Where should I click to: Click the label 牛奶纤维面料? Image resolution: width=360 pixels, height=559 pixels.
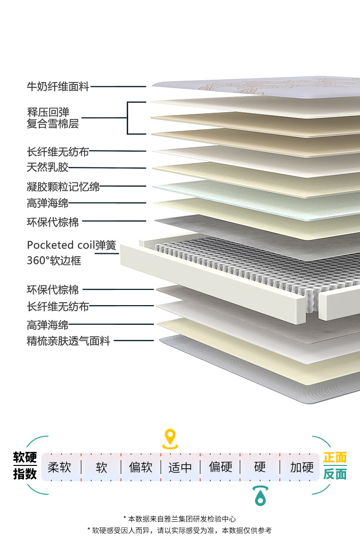[58, 87]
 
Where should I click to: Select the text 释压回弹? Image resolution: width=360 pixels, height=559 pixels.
[48, 113]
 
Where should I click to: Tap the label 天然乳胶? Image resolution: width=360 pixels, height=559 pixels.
[48, 167]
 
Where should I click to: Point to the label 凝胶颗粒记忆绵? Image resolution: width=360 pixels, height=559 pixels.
[63, 186]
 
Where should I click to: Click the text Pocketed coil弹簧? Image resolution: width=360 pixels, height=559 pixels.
[72, 245]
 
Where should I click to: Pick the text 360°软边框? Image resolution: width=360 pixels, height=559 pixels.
[54, 261]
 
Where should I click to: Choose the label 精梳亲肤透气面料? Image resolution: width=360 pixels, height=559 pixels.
[69, 341]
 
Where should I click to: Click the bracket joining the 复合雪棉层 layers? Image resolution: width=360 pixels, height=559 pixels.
[128, 118]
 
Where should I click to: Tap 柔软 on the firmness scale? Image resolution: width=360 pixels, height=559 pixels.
[60, 467]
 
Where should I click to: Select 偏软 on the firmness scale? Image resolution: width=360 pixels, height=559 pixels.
[141, 467]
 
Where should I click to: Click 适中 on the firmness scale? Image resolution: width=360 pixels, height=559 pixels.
[180, 467]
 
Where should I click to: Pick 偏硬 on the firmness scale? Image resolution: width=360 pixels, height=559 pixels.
[220, 467]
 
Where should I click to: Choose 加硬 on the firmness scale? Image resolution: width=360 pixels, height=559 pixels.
[301, 467]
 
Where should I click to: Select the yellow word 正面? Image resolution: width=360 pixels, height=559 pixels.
[335, 457]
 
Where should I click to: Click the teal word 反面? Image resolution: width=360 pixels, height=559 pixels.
[335, 474]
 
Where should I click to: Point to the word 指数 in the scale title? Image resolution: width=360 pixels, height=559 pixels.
[25, 474]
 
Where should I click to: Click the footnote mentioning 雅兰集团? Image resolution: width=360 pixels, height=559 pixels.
[180, 519]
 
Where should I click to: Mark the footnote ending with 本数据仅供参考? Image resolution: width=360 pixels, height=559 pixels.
[180, 530]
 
